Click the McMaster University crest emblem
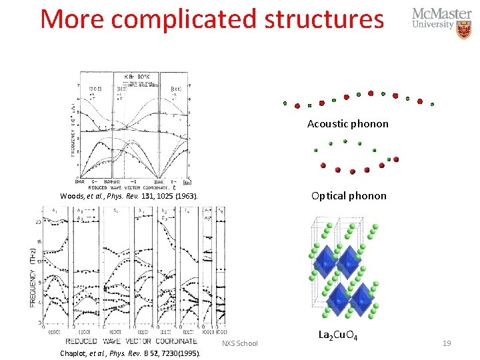coord(464,29)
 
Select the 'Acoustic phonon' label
coord(347,123)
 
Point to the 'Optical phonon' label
coord(349,195)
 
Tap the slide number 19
coord(447,343)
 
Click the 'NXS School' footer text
coord(239,343)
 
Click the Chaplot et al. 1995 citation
coord(130,353)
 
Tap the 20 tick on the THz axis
coord(39,221)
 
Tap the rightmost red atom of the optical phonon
coord(396,159)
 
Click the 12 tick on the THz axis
coord(39,262)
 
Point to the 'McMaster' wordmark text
coord(441,14)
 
